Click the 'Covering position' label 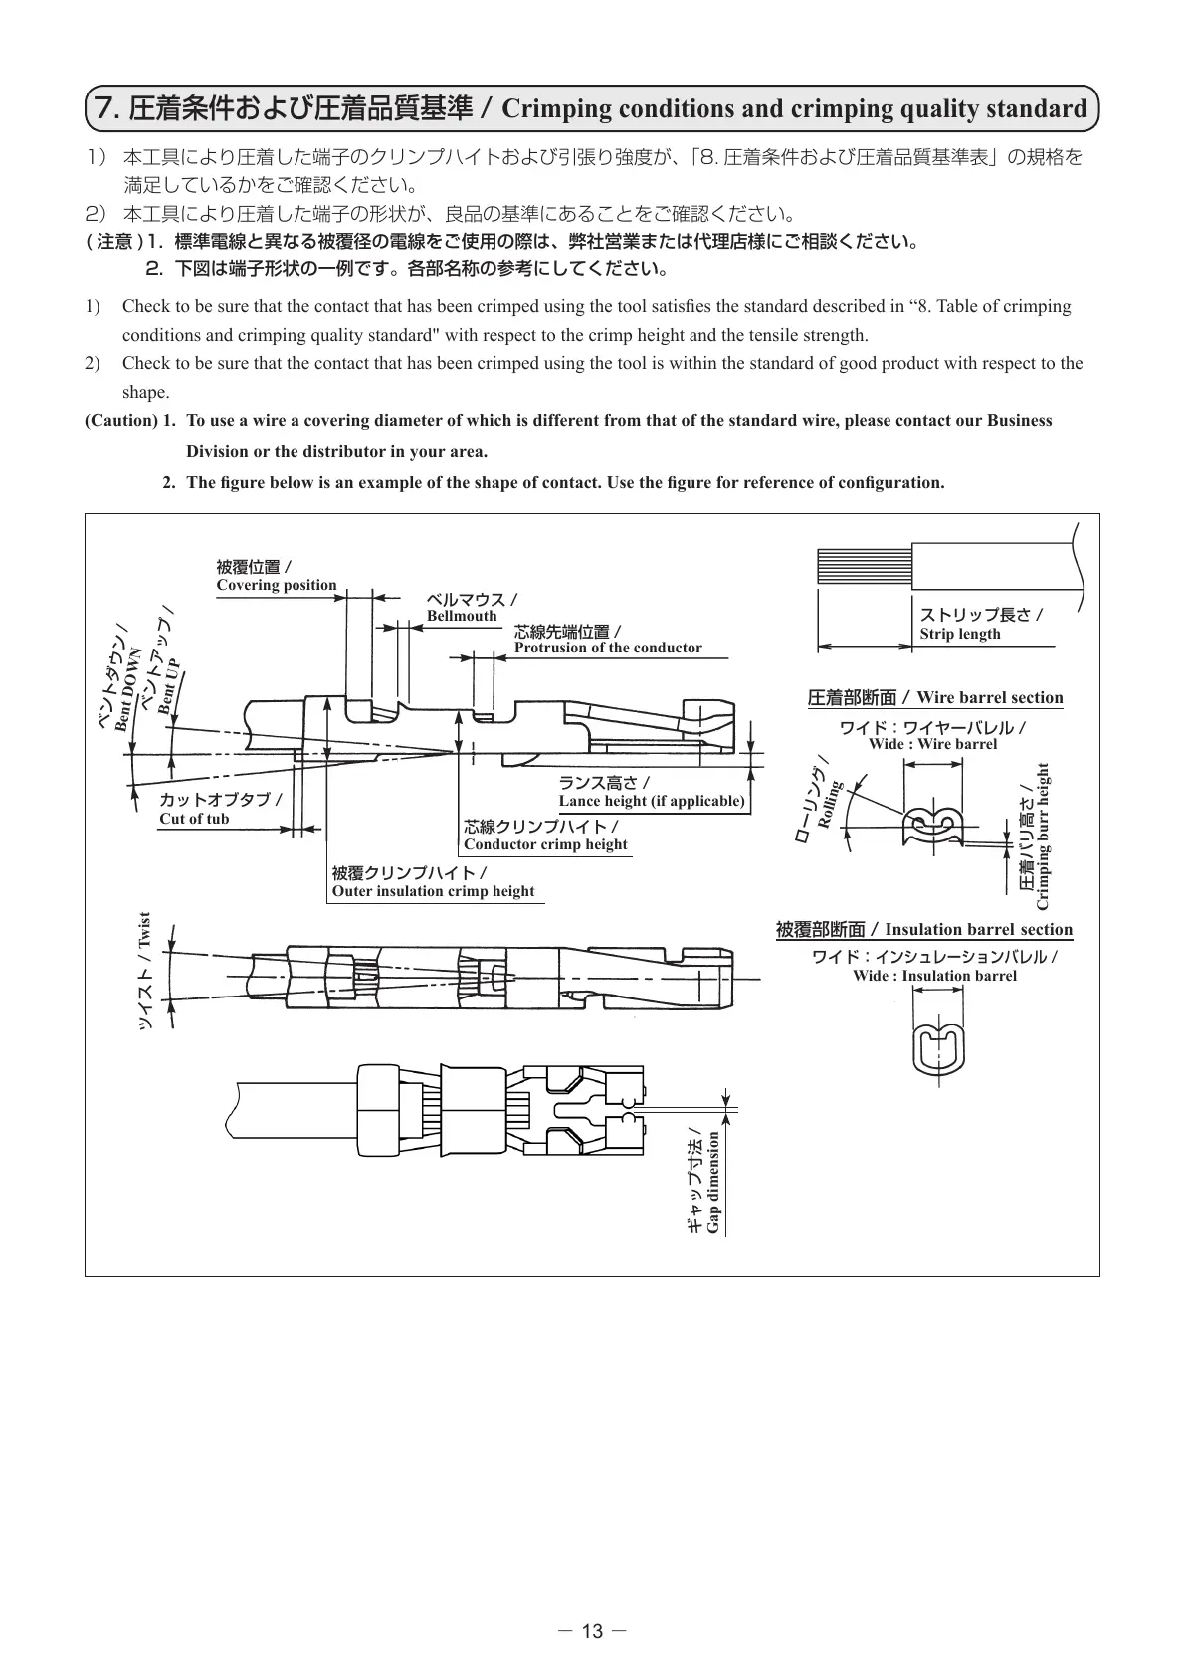pyautogui.click(x=277, y=585)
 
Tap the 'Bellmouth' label pyautogui.click(x=462, y=616)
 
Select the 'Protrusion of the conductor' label pyautogui.click(x=608, y=648)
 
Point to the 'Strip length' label pyautogui.click(x=960, y=634)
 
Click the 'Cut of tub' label pyautogui.click(x=194, y=819)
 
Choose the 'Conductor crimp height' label pyautogui.click(x=545, y=844)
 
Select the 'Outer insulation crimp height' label pyautogui.click(x=433, y=891)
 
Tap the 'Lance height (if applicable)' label pyautogui.click(x=652, y=801)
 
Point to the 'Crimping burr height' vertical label pyautogui.click(x=1043, y=836)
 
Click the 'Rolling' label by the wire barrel pyautogui.click(x=829, y=804)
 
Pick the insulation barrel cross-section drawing pyautogui.click(x=934, y=1048)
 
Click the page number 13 pyautogui.click(x=592, y=1631)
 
